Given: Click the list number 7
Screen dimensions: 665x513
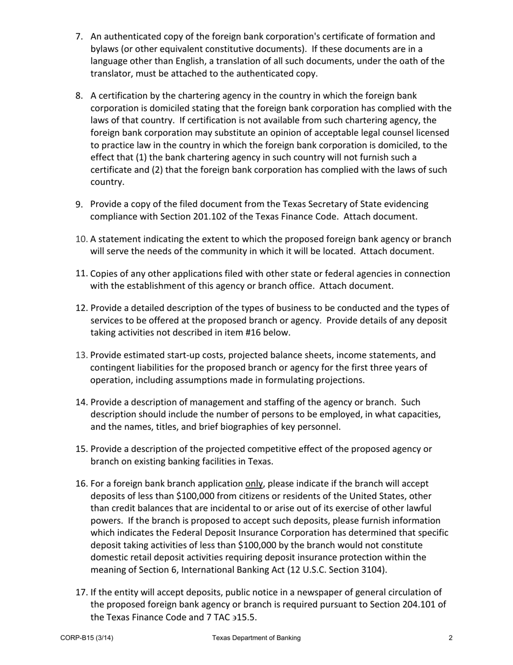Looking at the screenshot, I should (x=79, y=37).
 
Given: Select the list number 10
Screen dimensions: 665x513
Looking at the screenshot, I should (x=81, y=239).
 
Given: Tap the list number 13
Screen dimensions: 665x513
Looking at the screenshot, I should (x=81, y=355).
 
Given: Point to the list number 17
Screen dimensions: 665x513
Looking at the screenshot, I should (x=81, y=592).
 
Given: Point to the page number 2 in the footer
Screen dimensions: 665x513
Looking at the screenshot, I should (x=450, y=638).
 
